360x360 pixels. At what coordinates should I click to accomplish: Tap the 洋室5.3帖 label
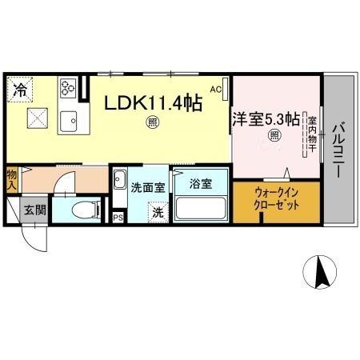(x=266, y=119)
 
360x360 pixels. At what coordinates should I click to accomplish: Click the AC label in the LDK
(x=215, y=90)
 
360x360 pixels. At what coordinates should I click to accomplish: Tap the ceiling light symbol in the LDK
(x=151, y=122)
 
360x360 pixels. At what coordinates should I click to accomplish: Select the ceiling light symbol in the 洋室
(x=274, y=136)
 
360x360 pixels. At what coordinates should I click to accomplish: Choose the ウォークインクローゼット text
(x=277, y=198)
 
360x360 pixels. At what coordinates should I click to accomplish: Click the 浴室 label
(x=201, y=184)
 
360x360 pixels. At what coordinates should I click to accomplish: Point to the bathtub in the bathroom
(x=200, y=209)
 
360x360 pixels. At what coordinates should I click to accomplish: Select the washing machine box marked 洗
(x=158, y=213)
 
